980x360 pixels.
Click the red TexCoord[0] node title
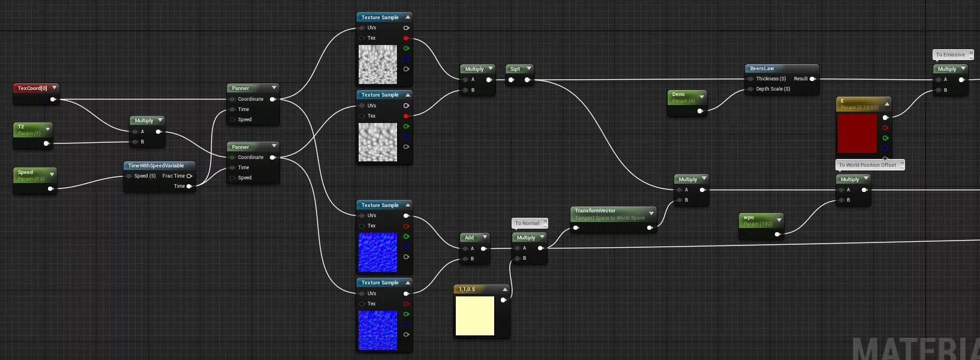coord(32,88)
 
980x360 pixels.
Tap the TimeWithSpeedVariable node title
coord(156,166)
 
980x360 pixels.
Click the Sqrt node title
coord(515,69)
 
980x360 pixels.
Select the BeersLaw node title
coord(762,68)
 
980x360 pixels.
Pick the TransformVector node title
coord(595,211)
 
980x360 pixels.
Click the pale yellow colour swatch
coord(475,316)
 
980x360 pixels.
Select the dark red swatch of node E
coord(857,133)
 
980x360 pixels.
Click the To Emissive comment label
coord(951,55)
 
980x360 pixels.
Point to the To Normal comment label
coord(527,223)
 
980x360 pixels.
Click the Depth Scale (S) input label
coord(773,89)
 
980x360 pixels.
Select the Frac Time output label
coord(173,176)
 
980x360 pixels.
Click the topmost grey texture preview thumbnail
coord(378,64)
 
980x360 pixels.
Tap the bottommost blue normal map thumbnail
coord(378,330)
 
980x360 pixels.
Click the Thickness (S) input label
coord(771,79)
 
